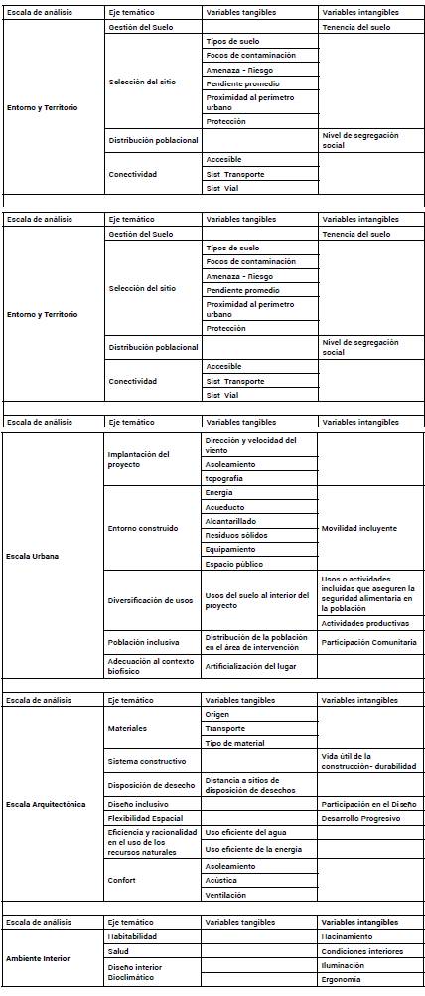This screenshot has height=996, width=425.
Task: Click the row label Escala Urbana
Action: coord(31,556)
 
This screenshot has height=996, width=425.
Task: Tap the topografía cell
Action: coord(224,478)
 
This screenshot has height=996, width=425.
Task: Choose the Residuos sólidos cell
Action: coord(236,534)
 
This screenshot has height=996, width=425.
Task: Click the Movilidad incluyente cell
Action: coord(358,528)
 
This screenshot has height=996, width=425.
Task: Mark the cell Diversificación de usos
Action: coord(150,600)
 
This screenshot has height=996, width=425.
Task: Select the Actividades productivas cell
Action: coord(364,623)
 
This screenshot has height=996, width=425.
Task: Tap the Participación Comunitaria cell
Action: coord(368,642)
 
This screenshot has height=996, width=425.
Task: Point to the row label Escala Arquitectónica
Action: coord(46,803)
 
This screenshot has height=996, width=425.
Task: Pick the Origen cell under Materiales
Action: coord(217,714)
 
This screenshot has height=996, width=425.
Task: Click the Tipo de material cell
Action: coord(234,743)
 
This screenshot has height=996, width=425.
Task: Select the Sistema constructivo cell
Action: coord(147,761)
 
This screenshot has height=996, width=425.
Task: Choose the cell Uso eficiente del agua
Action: coord(243,832)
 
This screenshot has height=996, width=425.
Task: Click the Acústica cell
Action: coord(220,880)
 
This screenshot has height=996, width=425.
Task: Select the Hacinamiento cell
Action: coord(348,936)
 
